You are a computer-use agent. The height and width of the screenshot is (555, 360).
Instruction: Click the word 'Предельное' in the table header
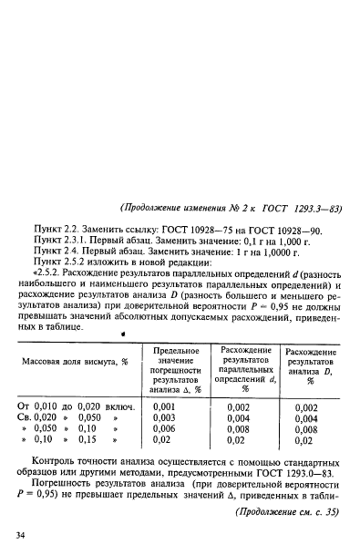[x=176, y=352]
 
